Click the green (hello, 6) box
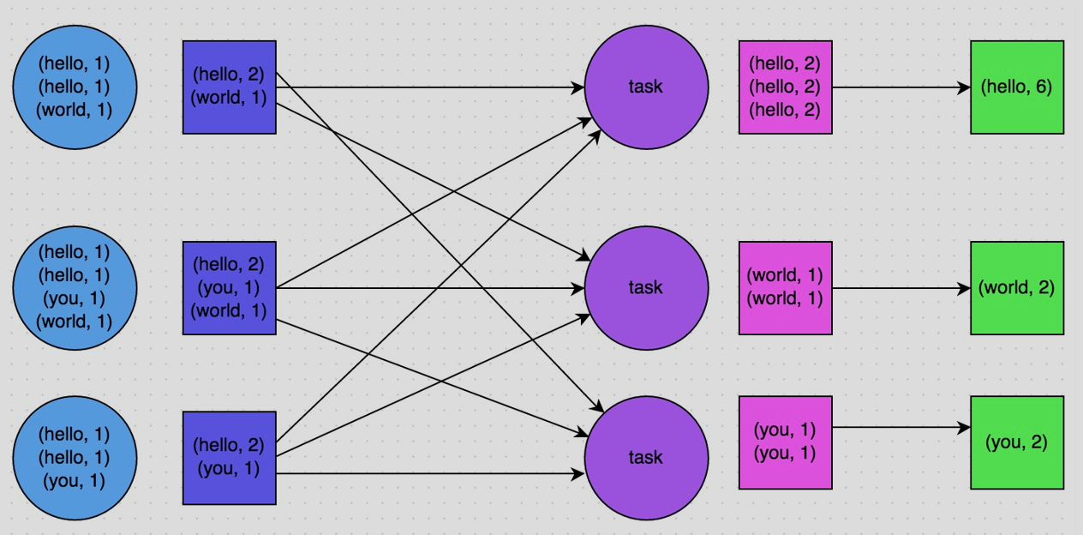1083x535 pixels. tap(1016, 87)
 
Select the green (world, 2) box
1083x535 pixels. tap(1016, 287)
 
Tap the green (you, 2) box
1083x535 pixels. tap(1016, 442)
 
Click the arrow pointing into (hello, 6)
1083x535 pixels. tap(900, 87)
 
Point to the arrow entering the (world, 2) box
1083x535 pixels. tap(900, 288)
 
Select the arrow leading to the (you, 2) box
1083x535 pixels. tap(900, 427)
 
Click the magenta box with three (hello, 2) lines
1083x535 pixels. tap(785, 87)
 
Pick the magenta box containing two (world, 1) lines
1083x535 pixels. tap(785, 287)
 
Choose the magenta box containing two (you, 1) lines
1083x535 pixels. tap(785, 442)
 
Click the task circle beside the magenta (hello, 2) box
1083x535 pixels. tap(646, 87)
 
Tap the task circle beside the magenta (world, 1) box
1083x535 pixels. tap(646, 287)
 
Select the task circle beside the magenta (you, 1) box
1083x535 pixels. tap(646, 457)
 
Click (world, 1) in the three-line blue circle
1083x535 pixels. tap(75, 110)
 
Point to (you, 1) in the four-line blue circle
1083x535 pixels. tap(75, 298)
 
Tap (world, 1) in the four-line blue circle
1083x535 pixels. tap(75, 322)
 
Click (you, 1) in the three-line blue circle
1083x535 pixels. tap(75, 481)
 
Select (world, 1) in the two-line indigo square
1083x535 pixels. tap(229, 98)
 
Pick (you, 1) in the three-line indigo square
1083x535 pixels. tap(229, 287)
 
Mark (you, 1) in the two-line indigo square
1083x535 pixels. tap(229, 469)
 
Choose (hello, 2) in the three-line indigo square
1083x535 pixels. tap(229, 264)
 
